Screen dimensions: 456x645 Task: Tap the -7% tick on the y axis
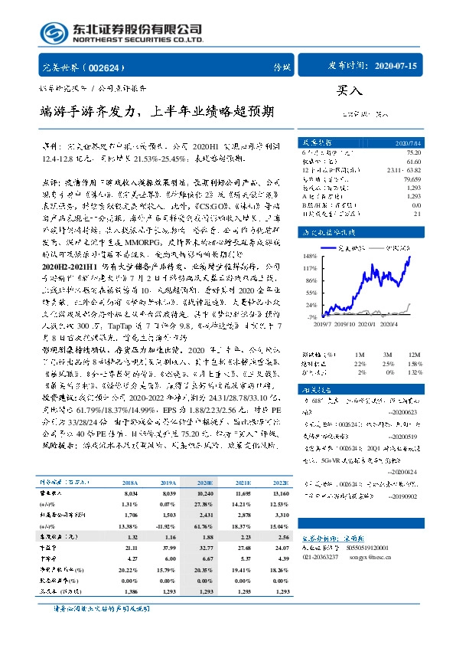click(x=311, y=316)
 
